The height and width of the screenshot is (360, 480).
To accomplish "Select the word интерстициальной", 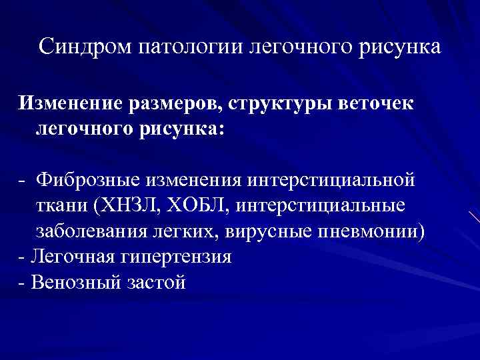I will click(x=331, y=179).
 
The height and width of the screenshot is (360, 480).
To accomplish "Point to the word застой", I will click(x=154, y=282).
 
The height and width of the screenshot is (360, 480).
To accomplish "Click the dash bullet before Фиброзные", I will click(x=23, y=179).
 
